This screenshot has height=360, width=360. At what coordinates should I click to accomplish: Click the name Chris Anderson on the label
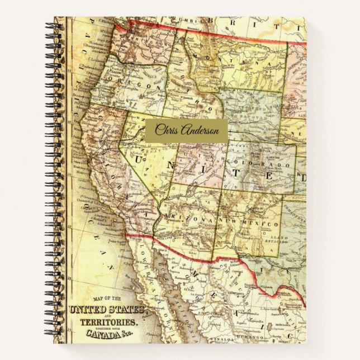coord(187,131)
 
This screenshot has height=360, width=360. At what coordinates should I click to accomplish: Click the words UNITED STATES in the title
coord(107,310)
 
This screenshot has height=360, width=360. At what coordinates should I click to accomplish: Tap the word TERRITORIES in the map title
coord(110,323)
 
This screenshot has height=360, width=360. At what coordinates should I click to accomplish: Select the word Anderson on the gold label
coord(198,131)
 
